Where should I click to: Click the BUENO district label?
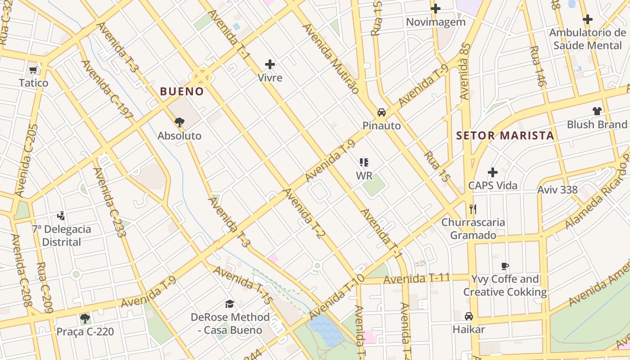182,91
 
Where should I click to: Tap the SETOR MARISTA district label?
504,135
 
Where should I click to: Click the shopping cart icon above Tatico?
33,70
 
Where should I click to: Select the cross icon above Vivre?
270,64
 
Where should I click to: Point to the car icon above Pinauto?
382,112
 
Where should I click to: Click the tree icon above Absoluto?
180,122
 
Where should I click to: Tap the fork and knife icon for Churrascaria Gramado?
472,209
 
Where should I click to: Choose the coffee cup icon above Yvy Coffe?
505,266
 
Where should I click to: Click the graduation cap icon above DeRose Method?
230,304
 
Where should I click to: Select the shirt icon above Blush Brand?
597,111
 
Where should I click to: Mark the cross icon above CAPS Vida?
493,172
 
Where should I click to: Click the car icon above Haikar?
469,316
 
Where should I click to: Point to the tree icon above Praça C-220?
85,319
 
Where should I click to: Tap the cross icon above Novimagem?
435,9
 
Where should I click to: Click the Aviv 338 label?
557,189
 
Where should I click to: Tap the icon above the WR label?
364,162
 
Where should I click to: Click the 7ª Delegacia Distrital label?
61,235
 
